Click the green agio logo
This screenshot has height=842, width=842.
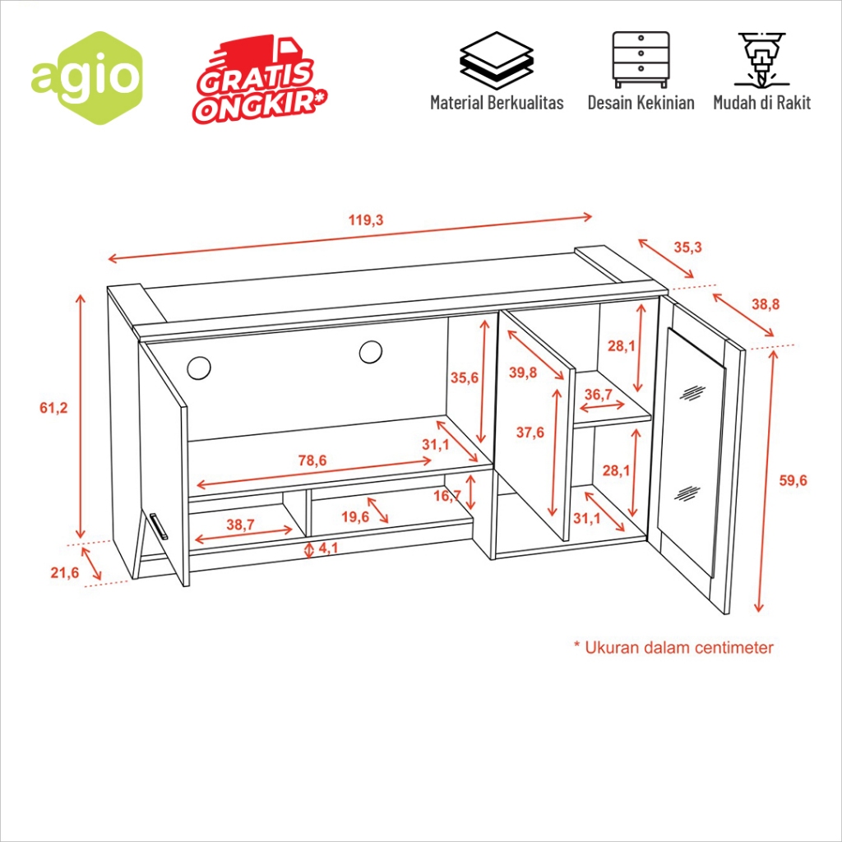(86, 78)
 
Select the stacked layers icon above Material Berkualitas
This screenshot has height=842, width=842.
(497, 60)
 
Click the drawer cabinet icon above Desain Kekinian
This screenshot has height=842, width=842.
(641, 59)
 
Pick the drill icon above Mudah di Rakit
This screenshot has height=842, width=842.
(761, 59)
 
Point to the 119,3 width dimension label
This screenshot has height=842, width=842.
(366, 220)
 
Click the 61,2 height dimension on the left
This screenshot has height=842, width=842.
(53, 408)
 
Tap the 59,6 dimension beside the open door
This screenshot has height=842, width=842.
(793, 480)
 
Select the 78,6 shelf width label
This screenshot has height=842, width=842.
(312, 460)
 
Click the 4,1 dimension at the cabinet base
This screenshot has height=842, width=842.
(328, 548)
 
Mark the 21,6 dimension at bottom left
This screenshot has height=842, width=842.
(65, 572)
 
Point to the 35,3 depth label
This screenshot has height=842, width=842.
(688, 248)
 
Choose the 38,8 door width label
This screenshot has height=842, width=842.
(766, 304)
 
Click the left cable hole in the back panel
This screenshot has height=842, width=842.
(199, 368)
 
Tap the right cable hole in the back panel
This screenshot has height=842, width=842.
(371, 352)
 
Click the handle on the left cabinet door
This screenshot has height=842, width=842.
(159, 525)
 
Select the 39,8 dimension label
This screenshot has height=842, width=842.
(523, 372)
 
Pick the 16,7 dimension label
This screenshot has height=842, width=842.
(447, 496)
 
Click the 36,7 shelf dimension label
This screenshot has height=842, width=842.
(599, 394)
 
